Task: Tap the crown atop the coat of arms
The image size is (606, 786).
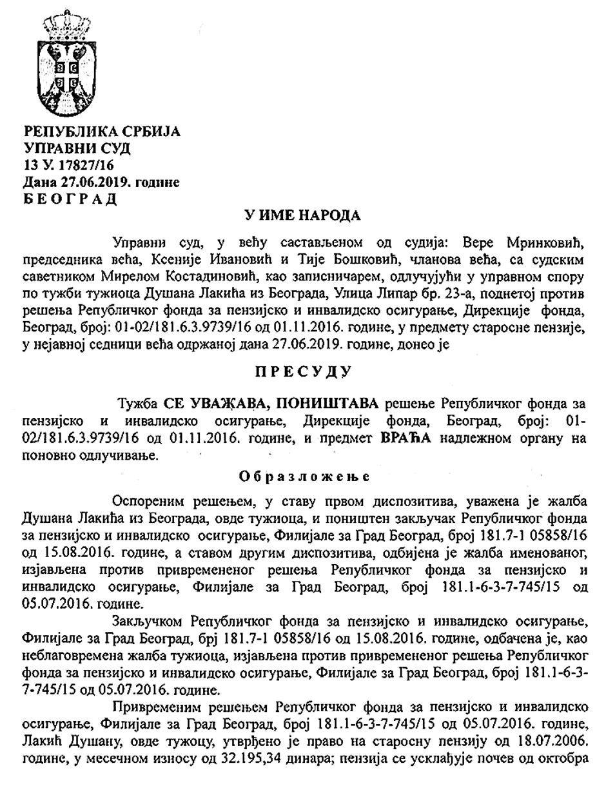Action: click(x=66, y=22)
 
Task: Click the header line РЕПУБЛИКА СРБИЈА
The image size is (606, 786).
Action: click(x=102, y=132)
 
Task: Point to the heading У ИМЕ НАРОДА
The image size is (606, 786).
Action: click(x=303, y=215)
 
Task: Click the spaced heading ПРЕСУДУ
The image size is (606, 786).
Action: click(x=303, y=371)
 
